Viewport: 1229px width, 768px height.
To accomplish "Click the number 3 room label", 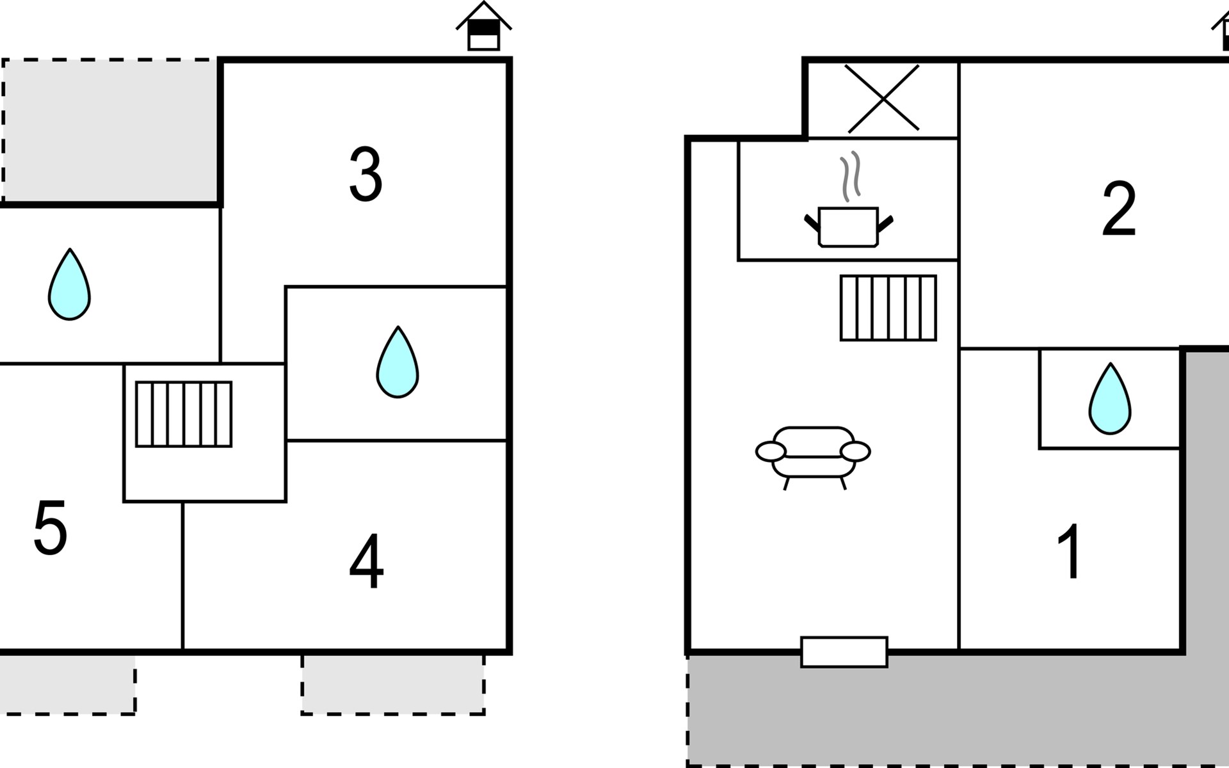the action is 365,174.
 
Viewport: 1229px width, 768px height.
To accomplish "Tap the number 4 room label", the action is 366,561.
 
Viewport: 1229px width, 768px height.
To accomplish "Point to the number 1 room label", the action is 1070,551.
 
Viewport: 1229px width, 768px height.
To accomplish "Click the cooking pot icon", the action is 848,227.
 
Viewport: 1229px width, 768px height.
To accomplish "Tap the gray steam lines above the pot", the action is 851,176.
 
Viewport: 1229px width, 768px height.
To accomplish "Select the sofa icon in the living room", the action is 813,458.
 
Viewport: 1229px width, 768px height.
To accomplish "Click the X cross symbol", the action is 883,99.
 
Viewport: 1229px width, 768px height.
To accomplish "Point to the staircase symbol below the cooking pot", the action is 888,308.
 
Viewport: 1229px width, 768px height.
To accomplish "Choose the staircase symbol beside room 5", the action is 184,414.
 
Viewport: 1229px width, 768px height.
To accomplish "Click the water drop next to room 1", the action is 1110,399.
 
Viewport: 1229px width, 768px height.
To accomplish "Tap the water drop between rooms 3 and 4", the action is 398,362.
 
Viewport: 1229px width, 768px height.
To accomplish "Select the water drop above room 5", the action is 69,284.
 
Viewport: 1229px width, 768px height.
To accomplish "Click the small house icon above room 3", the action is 484,26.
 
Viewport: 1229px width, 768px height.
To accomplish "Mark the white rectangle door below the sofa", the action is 844,652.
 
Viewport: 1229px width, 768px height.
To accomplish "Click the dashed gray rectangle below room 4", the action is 393,684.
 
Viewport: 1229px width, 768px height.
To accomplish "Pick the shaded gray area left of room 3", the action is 110,131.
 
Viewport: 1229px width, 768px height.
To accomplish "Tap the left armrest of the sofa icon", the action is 771,451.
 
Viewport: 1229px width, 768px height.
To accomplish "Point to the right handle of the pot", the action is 885,224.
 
